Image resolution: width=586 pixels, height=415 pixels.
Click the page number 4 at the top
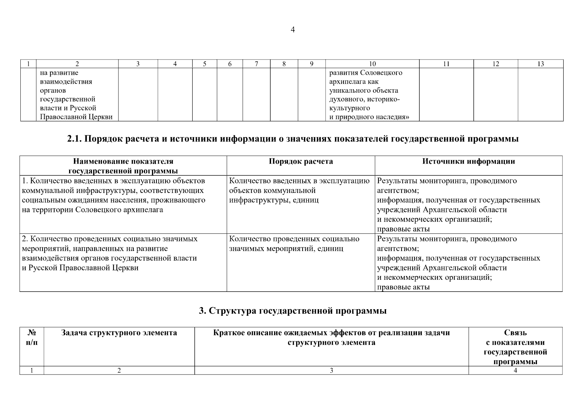[292, 30]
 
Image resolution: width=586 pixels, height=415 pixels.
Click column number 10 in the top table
[372, 64]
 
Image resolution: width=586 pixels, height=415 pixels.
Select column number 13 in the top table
[540, 64]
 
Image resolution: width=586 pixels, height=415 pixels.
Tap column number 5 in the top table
[204, 64]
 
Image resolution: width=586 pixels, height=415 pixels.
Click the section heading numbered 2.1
[292, 139]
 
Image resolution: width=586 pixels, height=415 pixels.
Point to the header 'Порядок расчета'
[301, 162]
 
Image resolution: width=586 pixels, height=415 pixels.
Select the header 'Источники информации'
[469, 162]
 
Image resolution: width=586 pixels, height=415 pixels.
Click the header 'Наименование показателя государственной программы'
[123, 166]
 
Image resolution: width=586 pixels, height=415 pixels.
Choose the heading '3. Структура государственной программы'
[292, 311]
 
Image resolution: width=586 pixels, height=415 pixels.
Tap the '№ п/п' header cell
[32, 338]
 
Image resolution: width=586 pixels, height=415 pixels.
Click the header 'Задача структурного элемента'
[119, 333]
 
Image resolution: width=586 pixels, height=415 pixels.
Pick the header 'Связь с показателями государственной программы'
[515, 347]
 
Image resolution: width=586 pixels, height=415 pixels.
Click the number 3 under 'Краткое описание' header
[331, 370]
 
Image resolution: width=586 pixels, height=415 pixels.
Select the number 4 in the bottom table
[515, 370]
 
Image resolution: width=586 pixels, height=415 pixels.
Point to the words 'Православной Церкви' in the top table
[76, 117]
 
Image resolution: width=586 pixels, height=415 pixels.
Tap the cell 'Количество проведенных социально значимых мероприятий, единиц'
[294, 244]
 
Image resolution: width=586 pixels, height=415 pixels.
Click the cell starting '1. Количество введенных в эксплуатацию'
[113, 195]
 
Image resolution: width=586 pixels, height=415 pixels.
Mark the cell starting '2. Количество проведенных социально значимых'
[110, 253]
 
